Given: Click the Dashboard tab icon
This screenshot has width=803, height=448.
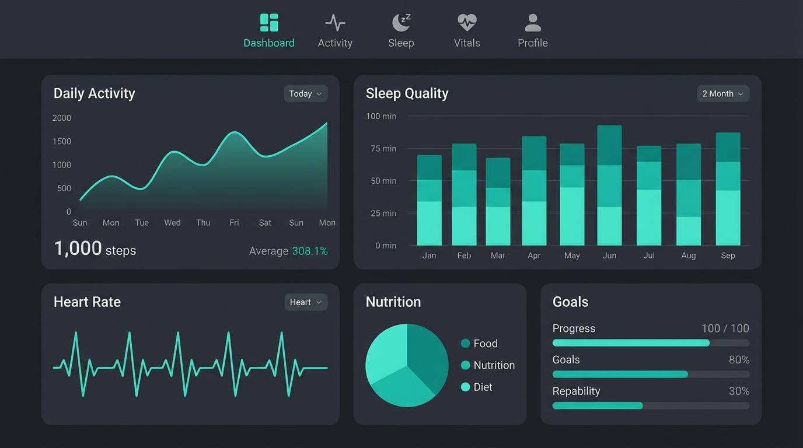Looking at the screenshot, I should pos(269,23).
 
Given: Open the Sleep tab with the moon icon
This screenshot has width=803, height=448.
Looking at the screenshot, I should pos(401,23).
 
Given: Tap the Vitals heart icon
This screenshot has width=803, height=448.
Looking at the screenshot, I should pos(467,23).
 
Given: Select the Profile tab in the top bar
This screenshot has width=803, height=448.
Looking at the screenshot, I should pos(532,32).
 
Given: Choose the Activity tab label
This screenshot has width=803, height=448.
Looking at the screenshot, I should pos(335,43).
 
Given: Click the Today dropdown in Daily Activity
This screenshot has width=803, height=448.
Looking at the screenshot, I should pos(305,94).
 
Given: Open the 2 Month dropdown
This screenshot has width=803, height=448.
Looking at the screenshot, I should pos(722,94).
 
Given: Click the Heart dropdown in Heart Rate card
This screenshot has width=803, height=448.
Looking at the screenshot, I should pos(305,302).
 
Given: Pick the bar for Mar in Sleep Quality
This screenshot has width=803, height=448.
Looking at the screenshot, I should pos(498,202).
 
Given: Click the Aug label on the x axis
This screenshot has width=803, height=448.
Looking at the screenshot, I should pos(688,256).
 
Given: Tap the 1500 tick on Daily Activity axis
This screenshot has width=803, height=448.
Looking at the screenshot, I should pos(62,142).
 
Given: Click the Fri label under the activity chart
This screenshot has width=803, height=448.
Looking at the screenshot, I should pos(234,223).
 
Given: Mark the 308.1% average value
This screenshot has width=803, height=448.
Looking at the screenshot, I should pos(309,251).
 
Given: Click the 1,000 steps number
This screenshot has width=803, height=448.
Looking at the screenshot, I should pos(78,249).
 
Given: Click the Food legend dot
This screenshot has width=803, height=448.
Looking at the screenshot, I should pos(465,344).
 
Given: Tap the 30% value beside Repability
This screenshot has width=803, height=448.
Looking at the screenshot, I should pos(739,391).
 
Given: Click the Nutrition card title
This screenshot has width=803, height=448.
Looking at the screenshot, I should pos(393,302).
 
